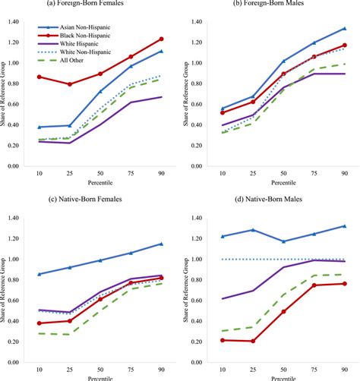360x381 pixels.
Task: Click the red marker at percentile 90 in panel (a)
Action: tap(160, 39)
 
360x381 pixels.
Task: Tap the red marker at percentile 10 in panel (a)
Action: tap(39, 77)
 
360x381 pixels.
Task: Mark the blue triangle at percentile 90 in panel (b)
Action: tap(344, 29)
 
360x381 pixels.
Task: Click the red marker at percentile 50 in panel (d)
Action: tap(283, 311)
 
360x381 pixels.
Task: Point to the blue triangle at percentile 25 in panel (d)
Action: tap(253, 230)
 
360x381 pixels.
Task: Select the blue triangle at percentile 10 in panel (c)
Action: tap(39, 274)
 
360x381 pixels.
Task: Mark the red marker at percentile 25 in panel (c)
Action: tap(69, 321)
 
